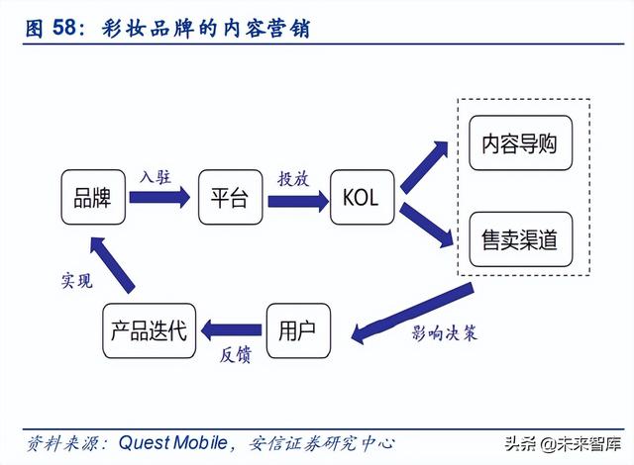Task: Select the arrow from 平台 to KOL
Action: (296, 200)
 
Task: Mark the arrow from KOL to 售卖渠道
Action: (424, 221)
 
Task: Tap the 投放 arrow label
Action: (292, 178)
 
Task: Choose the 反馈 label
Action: (233, 355)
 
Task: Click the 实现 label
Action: (76, 282)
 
